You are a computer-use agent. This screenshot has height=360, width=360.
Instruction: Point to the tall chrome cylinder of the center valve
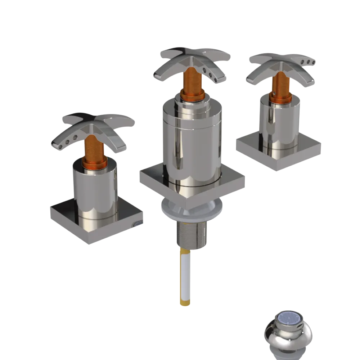(191, 144)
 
